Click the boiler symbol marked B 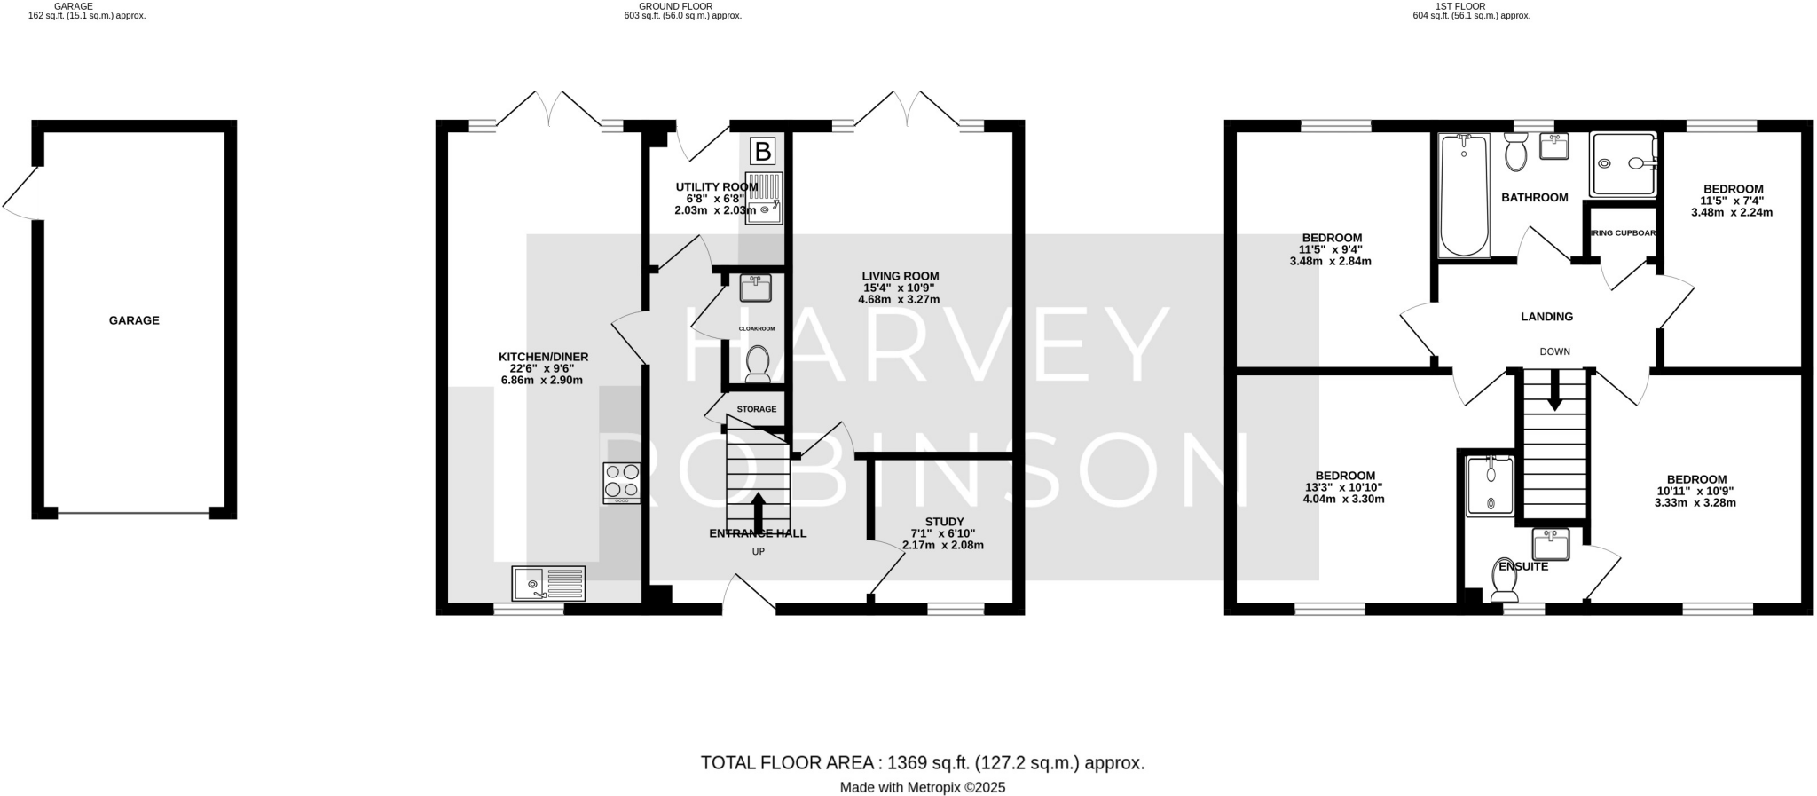pyautogui.click(x=762, y=152)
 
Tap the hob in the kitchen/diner pyautogui.click(x=621, y=483)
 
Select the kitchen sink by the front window pyautogui.click(x=548, y=584)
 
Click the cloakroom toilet pyautogui.click(x=757, y=364)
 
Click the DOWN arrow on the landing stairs pyautogui.click(x=1554, y=391)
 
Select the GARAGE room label pyautogui.click(x=134, y=320)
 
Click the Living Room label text pyautogui.click(x=901, y=276)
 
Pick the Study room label pyautogui.click(x=944, y=522)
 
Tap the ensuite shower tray pyautogui.click(x=1490, y=485)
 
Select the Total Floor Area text pyautogui.click(x=922, y=763)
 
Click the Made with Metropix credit pyautogui.click(x=922, y=787)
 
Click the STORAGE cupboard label pyautogui.click(x=756, y=409)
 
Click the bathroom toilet pyautogui.click(x=1515, y=154)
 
